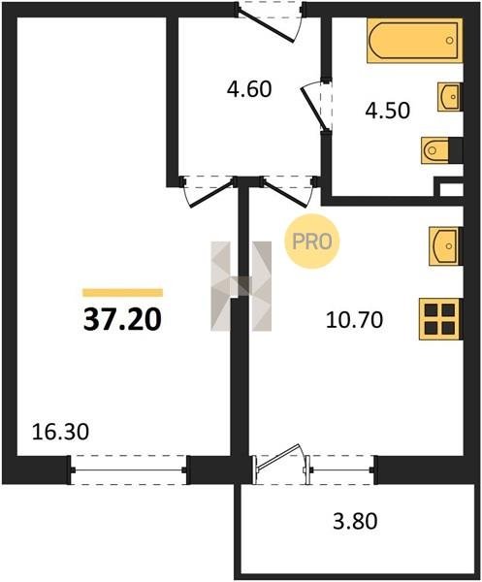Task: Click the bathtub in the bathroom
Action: (x=415, y=41)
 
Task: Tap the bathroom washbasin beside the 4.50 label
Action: (x=450, y=96)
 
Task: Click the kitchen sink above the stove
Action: (x=445, y=246)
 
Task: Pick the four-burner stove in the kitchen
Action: (x=440, y=318)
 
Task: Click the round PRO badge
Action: (x=312, y=242)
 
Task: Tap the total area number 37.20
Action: (x=122, y=319)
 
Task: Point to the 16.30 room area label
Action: (x=60, y=432)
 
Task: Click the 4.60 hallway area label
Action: (x=249, y=89)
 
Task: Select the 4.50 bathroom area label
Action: (x=387, y=111)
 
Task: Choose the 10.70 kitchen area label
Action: (x=354, y=319)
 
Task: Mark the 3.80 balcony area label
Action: (x=355, y=521)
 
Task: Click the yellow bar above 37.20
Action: (x=122, y=293)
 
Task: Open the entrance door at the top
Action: (x=271, y=21)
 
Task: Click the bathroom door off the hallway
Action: (x=316, y=105)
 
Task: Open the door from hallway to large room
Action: (x=209, y=191)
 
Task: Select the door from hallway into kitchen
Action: (x=290, y=190)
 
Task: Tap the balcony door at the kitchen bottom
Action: (x=281, y=464)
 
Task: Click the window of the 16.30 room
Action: (x=128, y=469)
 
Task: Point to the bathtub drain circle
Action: (x=450, y=40)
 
